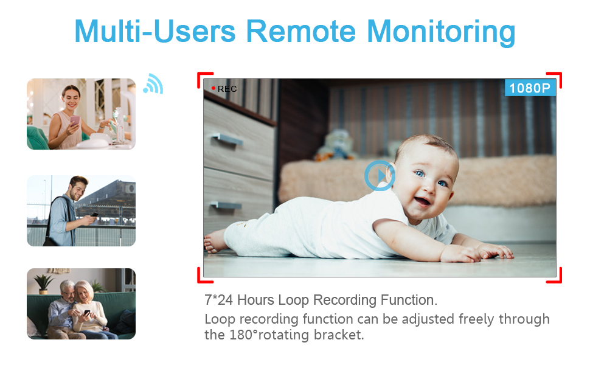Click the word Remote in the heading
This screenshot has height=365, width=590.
click(x=300, y=31)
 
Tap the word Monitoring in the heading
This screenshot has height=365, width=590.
click(x=440, y=33)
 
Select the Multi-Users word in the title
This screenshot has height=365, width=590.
click(x=154, y=31)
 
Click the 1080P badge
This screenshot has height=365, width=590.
click(x=530, y=88)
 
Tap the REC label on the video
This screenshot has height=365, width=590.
click(x=227, y=89)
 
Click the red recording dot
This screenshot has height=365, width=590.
click(x=213, y=88)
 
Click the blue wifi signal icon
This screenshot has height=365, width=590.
click(x=153, y=84)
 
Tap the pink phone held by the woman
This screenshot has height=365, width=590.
click(x=75, y=120)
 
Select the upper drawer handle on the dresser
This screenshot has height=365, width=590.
click(x=227, y=139)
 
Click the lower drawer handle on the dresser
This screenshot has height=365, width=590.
click(x=226, y=205)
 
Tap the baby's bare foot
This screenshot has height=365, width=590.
click(x=215, y=241)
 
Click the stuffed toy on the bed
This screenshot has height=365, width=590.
click(x=335, y=145)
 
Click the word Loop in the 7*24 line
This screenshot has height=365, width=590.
click(x=294, y=300)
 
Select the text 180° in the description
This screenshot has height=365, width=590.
click(x=244, y=335)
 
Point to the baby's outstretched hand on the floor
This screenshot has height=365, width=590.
click(x=495, y=251)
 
